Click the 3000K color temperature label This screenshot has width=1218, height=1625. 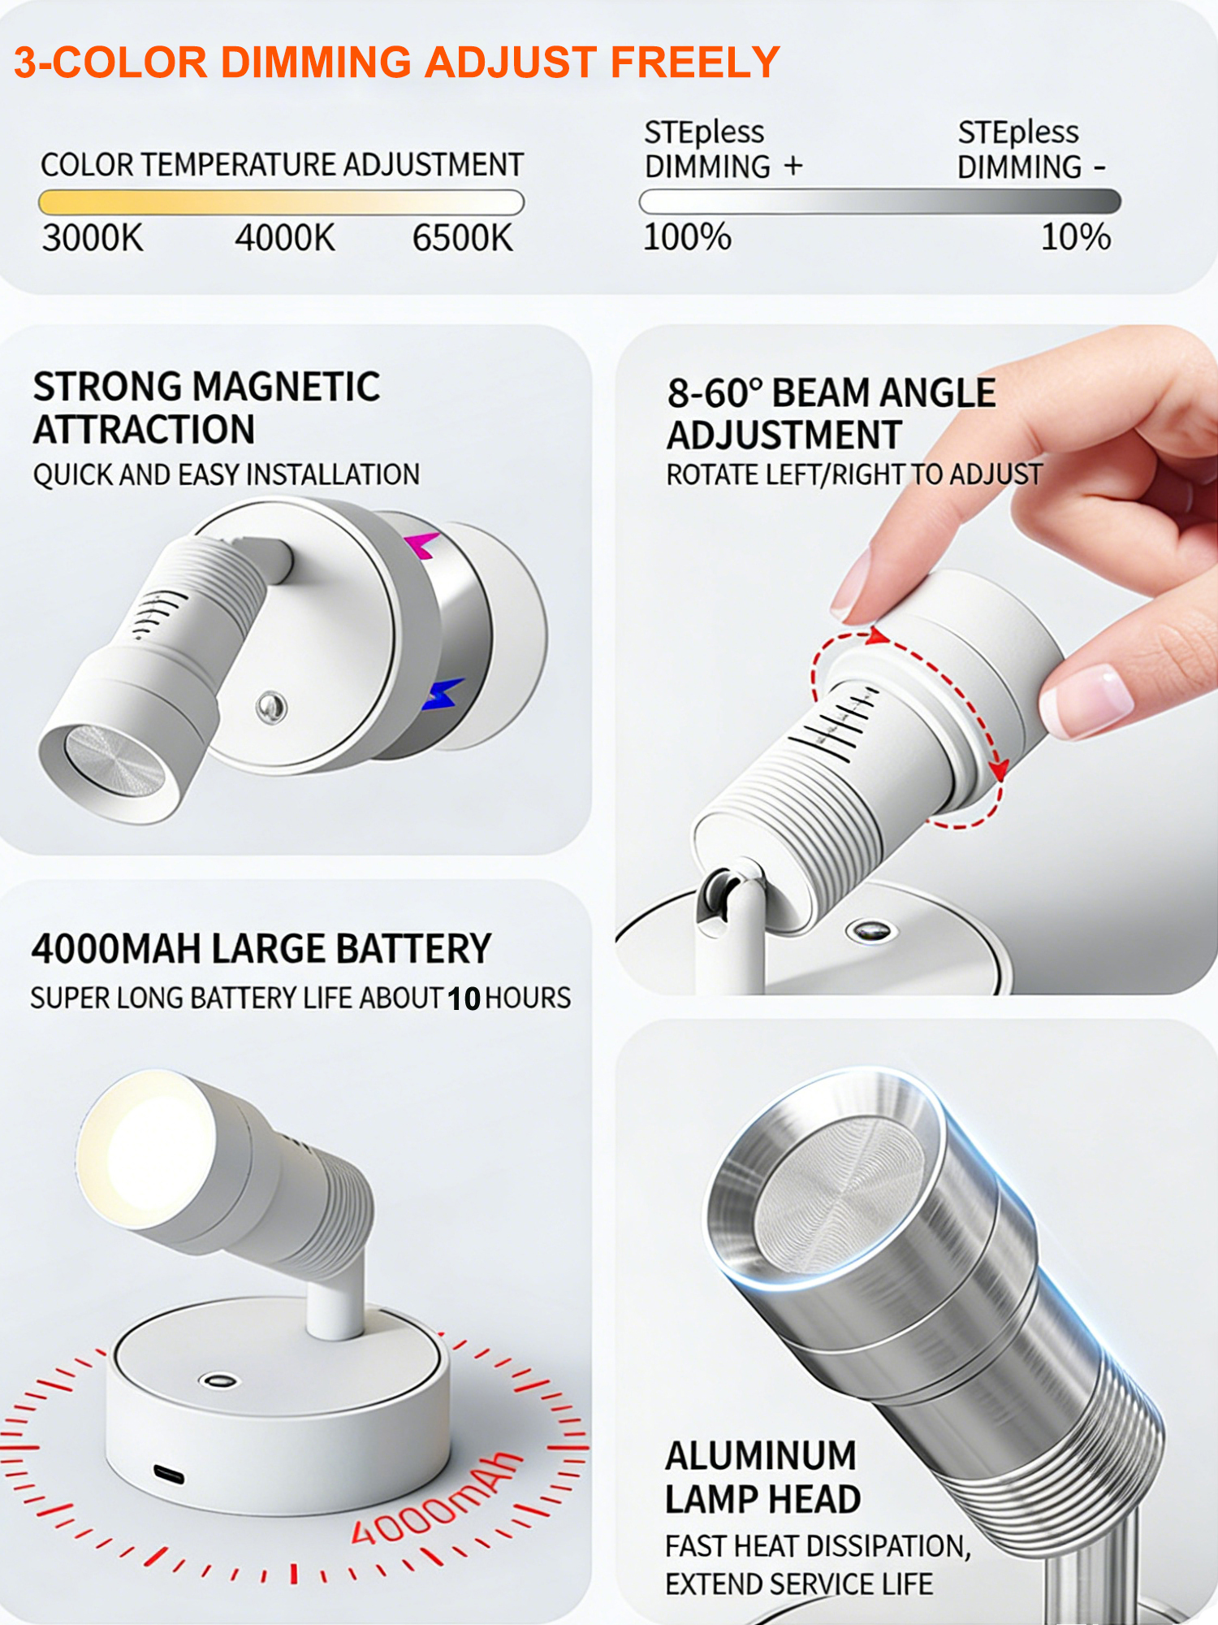pyautogui.click(x=93, y=238)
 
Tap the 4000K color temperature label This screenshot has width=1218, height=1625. pyautogui.click(x=285, y=238)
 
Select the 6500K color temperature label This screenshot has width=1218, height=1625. pyautogui.click(x=463, y=238)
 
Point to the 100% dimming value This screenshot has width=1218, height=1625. pyautogui.click(x=687, y=236)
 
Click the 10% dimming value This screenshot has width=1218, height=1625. pyautogui.click(x=1076, y=236)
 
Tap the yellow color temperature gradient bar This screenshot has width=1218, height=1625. pyautogui.click(x=281, y=201)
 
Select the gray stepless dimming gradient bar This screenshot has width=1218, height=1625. pyautogui.click(x=880, y=201)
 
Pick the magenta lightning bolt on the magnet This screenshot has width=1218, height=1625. pyautogui.click(x=422, y=544)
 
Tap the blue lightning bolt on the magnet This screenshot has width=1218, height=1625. pyautogui.click(x=443, y=693)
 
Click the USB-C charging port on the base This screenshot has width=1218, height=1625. pyautogui.click(x=169, y=1473)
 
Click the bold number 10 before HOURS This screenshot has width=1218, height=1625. pyautogui.click(x=464, y=999)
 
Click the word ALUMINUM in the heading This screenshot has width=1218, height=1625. pyautogui.click(x=761, y=1456)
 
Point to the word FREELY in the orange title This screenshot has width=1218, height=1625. pyautogui.click(x=695, y=63)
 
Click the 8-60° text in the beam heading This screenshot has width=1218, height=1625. pyautogui.click(x=715, y=393)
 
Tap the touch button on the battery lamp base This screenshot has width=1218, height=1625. pyautogui.click(x=218, y=1380)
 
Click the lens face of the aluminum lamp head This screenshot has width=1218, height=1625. pyautogui.click(x=840, y=1194)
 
